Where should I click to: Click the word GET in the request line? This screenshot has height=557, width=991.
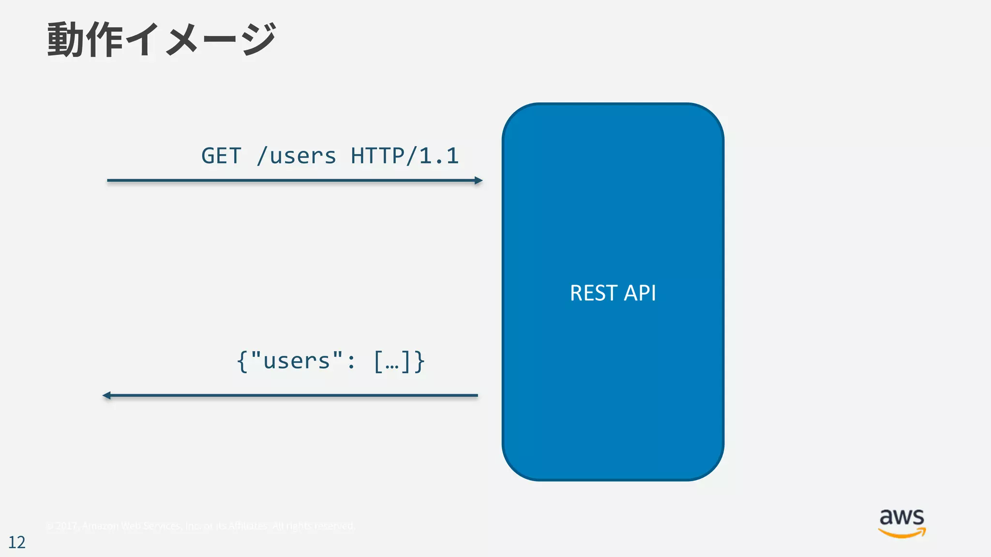point(221,156)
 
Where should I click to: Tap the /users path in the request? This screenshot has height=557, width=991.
point(296,156)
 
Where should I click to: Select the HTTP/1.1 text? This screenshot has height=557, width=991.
point(405,156)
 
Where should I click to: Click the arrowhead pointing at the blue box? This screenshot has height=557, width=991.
point(479,180)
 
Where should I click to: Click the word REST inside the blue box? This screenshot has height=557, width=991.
point(593,293)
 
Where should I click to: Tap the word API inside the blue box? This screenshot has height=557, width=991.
point(640,293)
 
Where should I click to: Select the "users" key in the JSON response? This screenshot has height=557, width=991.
point(297,361)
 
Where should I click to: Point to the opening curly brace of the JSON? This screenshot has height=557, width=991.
point(242,361)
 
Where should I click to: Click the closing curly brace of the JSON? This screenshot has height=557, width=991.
point(419,361)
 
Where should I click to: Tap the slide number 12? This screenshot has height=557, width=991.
point(17,542)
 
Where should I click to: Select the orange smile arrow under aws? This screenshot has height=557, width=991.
point(901,533)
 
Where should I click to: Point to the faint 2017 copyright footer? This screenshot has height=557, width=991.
point(200,526)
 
